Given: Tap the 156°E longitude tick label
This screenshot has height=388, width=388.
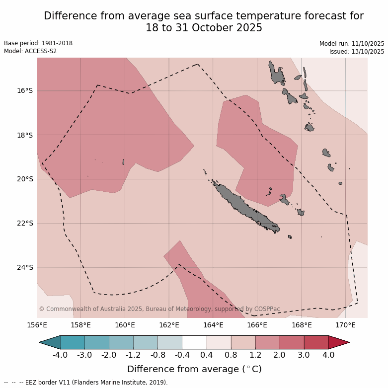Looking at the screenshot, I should [37, 325].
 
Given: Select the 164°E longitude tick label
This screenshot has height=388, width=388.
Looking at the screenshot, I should [213, 325].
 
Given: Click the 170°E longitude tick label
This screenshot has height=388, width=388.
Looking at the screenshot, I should [345, 325].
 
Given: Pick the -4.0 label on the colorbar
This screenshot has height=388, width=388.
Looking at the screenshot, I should [60, 355].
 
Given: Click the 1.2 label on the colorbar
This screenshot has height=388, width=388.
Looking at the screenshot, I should [255, 355].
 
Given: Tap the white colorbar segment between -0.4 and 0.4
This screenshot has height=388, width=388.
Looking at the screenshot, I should [194, 342].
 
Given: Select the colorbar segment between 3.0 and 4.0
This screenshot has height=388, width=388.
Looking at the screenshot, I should [316, 342].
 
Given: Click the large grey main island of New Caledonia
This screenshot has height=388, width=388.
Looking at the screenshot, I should [243, 206].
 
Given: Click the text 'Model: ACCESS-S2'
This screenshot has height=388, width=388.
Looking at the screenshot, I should [28, 51].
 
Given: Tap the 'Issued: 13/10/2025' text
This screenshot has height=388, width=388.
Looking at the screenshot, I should [357, 51].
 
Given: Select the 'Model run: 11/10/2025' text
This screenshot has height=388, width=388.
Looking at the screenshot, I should [352, 43].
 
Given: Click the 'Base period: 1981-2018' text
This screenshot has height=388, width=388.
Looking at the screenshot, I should [38, 43].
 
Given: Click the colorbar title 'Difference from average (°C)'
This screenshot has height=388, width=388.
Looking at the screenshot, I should [194, 369].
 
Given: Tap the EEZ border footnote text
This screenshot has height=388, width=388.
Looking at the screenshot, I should [86, 383].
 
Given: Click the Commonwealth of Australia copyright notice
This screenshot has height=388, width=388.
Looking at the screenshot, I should [159, 309].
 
